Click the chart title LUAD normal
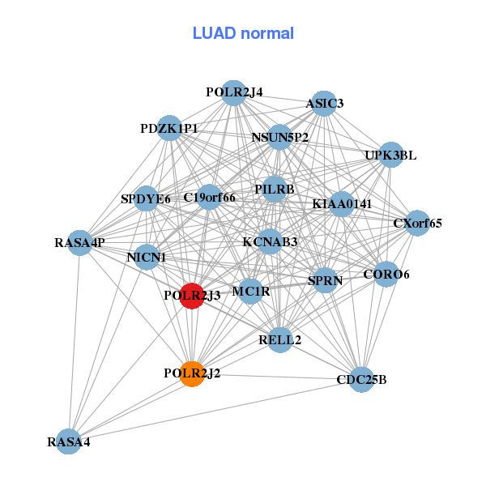click(243, 33)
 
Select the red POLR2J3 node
click(192, 296)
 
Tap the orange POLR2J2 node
click(192, 373)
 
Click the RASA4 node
click(69, 441)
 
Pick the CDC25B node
click(361, 379)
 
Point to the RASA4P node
click(80, 242)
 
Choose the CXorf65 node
click(417, 223)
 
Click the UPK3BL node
click(390, 156)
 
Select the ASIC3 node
click(324, 103)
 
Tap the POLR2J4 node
click(234, 92)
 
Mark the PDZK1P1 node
click(168, 128)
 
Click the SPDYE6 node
click(146, 198)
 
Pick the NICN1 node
click(147, 258)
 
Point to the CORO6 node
click(386, 275)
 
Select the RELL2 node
click(280, 339)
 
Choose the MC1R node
click(250, 291)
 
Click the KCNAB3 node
click(271, 241)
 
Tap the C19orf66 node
click(209, 197)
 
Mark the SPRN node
click(326, 280)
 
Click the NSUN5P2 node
click(280, 137)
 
